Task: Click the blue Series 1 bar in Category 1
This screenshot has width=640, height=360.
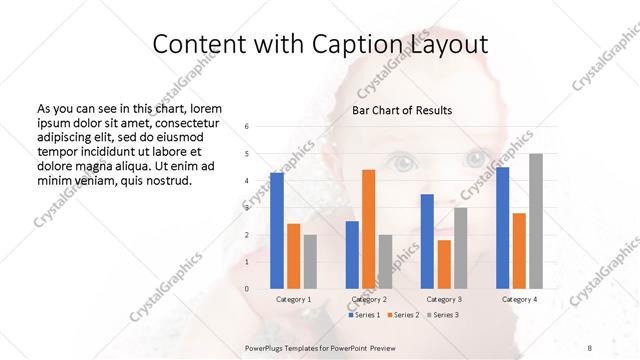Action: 277,231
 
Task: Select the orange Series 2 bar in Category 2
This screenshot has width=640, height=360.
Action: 369,229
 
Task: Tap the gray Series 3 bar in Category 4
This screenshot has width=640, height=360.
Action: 536,221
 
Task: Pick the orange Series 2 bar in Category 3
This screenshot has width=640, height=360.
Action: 444,264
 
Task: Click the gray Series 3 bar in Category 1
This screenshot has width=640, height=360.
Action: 310,262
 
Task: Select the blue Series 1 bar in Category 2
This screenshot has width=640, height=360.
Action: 352,255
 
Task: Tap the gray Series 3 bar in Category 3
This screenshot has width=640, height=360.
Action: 461,248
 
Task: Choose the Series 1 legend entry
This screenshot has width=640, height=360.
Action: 364,315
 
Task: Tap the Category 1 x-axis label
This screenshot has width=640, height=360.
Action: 293,299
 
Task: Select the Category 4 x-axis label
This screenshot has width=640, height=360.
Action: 519,299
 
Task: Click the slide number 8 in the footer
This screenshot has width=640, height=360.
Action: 590,347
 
